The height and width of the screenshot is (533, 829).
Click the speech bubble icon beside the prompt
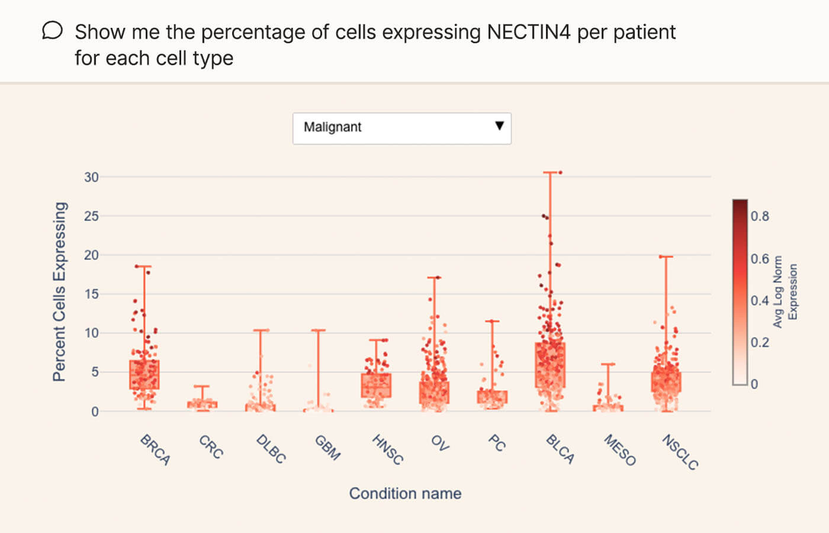point(52,31)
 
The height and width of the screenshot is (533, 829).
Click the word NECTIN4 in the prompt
point(528,32)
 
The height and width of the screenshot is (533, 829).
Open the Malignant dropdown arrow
point(499,126)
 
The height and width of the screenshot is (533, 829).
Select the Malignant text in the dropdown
point(332,127)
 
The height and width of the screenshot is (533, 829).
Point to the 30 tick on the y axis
point(91,177)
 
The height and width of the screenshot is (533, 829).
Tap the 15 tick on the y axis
point(91,294)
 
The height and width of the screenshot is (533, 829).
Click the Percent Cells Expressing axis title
point(59,291)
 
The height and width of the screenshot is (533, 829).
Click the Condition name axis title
point(405,493)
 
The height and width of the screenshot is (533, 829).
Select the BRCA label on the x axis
point(155,450)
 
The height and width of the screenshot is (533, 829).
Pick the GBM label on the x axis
point(327,448)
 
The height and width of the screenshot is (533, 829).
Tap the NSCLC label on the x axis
point(680,452)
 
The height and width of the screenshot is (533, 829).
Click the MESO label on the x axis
point(620,450)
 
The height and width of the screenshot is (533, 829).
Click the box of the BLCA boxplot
point(550,365)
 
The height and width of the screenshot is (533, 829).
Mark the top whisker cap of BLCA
point(550,172)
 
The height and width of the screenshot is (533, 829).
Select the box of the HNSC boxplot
point(376,385)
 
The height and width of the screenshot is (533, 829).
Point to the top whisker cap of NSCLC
point(666,256)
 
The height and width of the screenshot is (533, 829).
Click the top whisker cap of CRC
point(202,386)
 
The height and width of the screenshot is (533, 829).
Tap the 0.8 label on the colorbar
point(760,216)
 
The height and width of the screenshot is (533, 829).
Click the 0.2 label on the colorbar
point(760,342)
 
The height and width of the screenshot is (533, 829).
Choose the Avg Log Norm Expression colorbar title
point(785,291)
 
